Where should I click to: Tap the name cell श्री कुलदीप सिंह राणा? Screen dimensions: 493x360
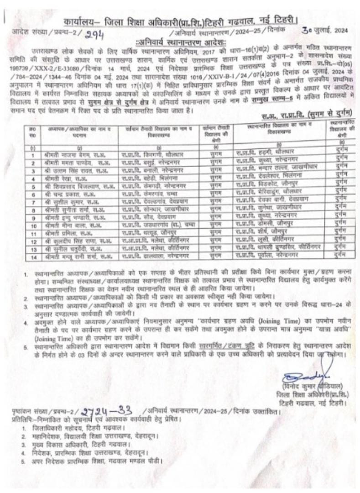point(75,240)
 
